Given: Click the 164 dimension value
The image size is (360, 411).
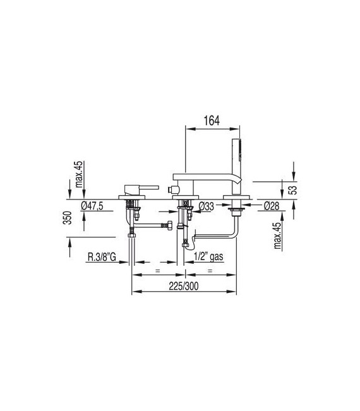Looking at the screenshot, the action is pyautogui.click(x=212, y=121).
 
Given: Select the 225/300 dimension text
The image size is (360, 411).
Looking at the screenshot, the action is pyautogui.click(x=184, y=286).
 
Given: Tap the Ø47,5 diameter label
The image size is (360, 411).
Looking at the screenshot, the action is pyautogui.click(x=92, y=206).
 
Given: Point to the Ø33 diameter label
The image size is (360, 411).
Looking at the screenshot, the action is pyautogui.click(x=207, y=206).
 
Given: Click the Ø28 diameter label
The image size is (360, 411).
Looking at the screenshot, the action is pyautogui.click(x=272, y=206).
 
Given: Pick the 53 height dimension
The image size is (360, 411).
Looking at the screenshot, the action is pyautogui.click(x=294, y=190).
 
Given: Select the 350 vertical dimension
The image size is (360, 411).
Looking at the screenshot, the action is pyautogui.click(x=68, y=218).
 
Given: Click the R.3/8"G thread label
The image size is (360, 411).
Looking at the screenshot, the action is pyautogui.click(x=102, y=257).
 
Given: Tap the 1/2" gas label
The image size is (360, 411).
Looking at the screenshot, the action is pyautogui.click(x=208, y=256).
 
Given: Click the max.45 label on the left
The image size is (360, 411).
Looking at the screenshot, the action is pyautogui.click(x=79, y=174).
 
